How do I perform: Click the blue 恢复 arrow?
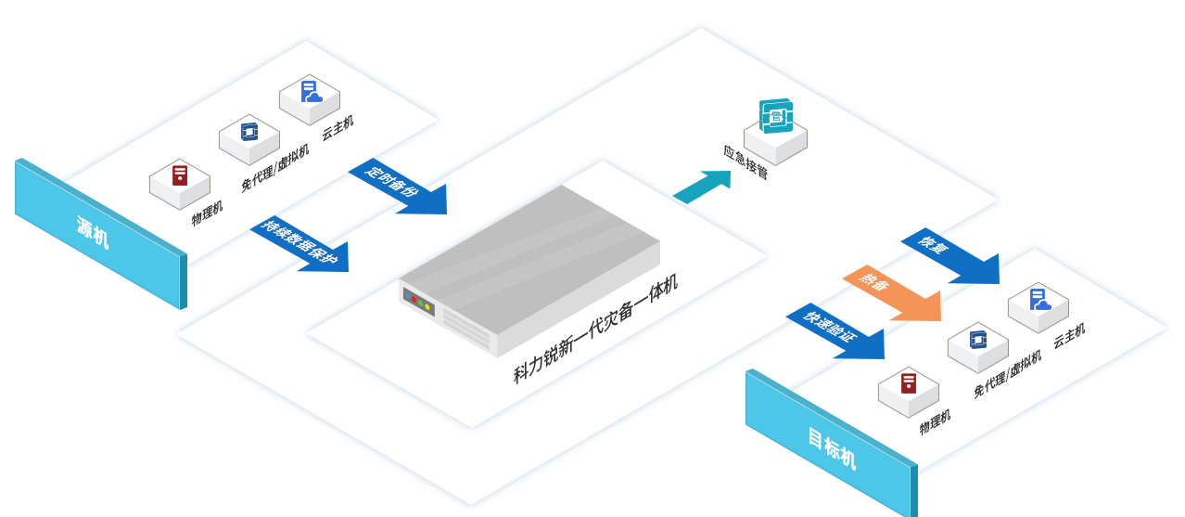[950, 256]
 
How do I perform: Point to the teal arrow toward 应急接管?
[704, 185]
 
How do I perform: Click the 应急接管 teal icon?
[776, 117]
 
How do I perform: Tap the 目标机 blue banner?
[830, 446]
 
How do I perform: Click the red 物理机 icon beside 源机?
[180, 174]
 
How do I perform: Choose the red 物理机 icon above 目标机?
[909, 382]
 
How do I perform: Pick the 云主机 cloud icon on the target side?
[1038, 300]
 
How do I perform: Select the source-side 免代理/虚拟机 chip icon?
[249, 132]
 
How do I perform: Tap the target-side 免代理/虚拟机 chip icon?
[978, 340]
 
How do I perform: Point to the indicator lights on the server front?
[420, 302]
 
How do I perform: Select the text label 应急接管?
[745, 162]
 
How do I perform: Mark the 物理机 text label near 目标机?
[935, 422]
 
